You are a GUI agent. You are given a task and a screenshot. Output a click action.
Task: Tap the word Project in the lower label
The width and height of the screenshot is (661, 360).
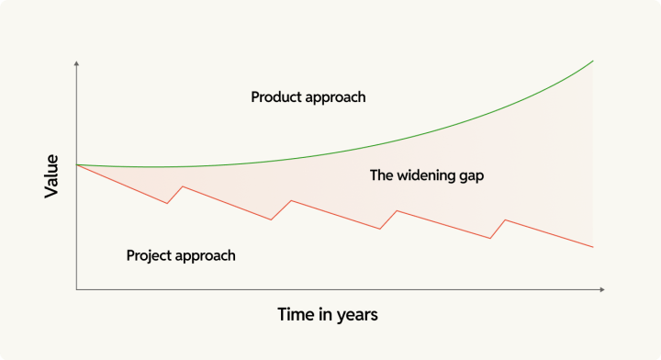[x=150, y=255]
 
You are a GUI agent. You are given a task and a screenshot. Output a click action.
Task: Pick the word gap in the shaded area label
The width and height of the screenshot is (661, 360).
[x=469, y=175]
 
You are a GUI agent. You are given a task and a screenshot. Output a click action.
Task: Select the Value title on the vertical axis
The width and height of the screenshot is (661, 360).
[x=52, y=177]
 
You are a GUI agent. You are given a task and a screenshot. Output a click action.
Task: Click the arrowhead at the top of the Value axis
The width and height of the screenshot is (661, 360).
[x=77, y=62]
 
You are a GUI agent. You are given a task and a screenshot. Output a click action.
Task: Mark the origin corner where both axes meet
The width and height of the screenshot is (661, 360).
[x=77, y=289]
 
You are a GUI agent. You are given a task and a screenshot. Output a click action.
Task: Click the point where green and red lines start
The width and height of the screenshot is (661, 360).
[x=77, y=164]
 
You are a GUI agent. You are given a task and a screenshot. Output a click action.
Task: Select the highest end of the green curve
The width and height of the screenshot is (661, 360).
[x=594, y=61]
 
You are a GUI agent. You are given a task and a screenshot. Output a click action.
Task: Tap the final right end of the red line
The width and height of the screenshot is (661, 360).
[x=594, y=247]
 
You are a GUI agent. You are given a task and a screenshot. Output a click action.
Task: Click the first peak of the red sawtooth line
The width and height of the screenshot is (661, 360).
[x=183, y=186]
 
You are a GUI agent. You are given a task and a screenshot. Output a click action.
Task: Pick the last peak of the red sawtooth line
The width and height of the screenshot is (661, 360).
[x=505, y=219]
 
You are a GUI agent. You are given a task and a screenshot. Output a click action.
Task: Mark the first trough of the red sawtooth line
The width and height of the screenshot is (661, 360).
[x=167, y=203]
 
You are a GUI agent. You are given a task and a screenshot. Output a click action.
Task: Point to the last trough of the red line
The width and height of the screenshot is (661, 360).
[x=490, y=239]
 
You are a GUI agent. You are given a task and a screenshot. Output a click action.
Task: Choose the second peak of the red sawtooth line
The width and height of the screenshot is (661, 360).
[x=291, y=200]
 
